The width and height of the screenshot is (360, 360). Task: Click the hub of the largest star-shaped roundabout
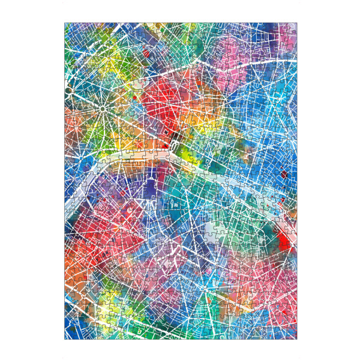[x=103, y=109]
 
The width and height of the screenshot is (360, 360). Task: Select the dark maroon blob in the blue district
[x=283, y=175]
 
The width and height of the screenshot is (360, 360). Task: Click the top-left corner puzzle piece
[x=69, y=28]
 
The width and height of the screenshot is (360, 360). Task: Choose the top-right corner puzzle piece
[x=292, y=28]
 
